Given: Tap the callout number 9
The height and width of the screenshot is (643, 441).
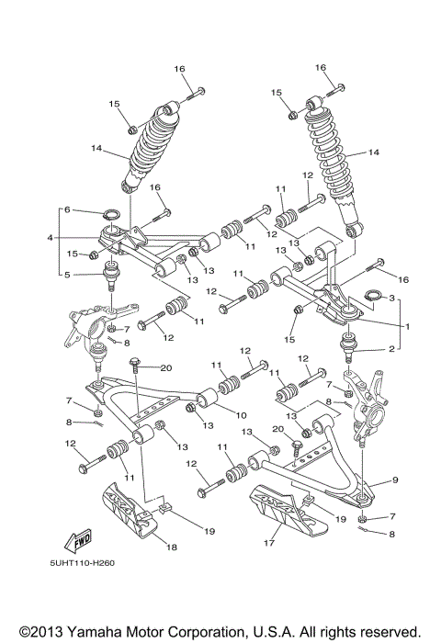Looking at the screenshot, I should coord(395,479).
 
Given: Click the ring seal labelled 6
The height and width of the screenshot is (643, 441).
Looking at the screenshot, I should coord(111,217).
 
